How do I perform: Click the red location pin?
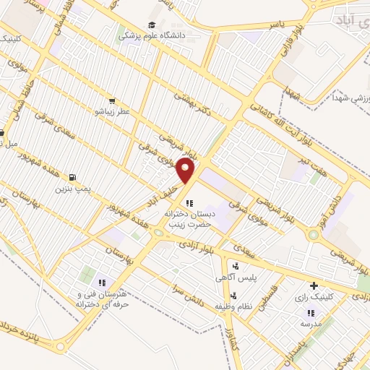(186, 172)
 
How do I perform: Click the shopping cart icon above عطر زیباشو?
(112, 101)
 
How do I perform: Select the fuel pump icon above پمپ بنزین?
(72, 177)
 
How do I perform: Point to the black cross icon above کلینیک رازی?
(313, 285)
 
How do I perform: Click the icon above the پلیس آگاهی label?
(236, 266)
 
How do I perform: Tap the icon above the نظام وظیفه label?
(233, 294)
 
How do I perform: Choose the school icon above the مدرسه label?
(311, 312)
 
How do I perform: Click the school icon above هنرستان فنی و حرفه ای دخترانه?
(102, 283)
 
